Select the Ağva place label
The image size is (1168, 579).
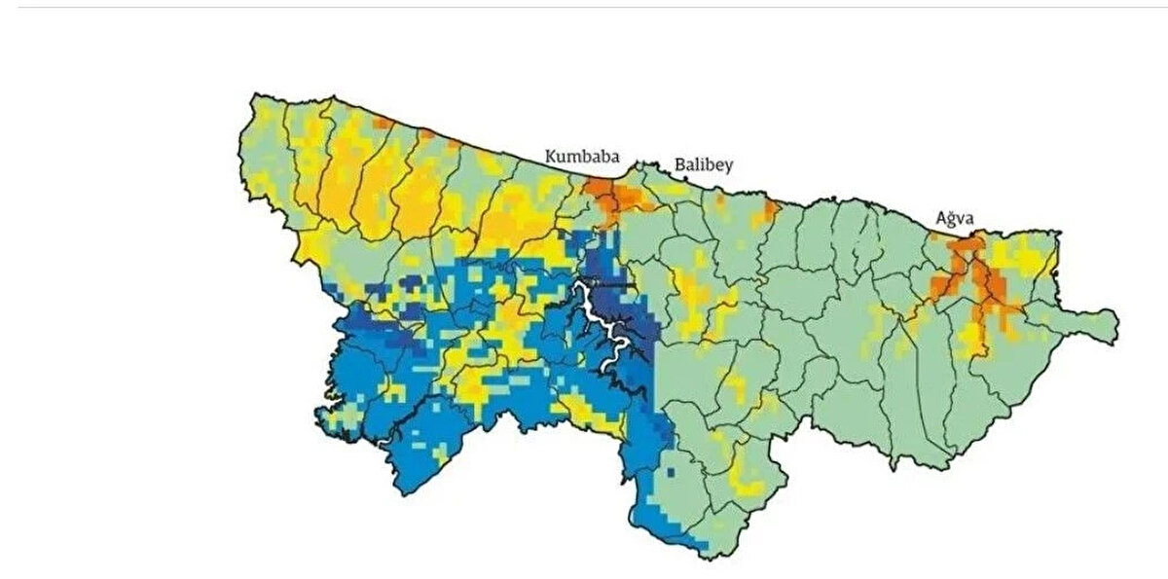pyautogui.click(x=955, y=219)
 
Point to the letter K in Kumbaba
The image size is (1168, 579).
pyautogui.click(x=551, y=156)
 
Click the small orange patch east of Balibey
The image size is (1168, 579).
pyautogui.click(x=770, y=210)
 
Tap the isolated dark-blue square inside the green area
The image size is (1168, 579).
pyautogui.click(x=670, y=472)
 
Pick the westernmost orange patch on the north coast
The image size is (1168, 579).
pyautogui.click(x=383, y=123)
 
